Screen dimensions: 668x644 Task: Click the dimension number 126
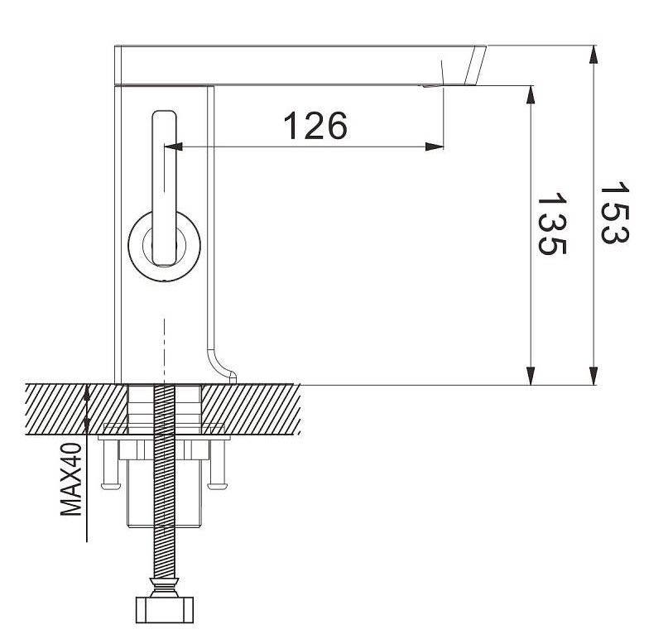[x=315, y=126]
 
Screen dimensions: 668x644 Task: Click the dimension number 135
[x=552, y=224]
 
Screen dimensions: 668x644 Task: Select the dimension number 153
[x=614, y=213]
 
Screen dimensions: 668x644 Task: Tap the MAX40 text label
[x=70, y=479]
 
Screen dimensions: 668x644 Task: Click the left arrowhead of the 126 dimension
[x=173, y=147]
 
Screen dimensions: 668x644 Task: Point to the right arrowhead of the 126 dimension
[x=435, y=147]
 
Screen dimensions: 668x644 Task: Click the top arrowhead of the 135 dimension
[x=531, y=94]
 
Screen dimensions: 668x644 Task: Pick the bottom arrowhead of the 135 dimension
[x=531, y=376]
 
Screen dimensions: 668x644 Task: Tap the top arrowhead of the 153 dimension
[x=593, y=55]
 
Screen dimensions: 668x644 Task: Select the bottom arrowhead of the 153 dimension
[x=593, y=376]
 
